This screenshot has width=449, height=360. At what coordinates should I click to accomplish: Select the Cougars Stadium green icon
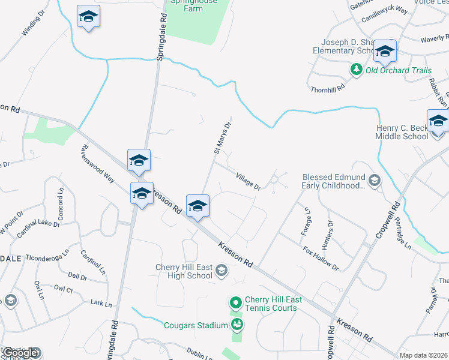click(238, 325)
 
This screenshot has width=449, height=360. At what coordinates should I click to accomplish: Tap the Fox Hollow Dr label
click(321, 259)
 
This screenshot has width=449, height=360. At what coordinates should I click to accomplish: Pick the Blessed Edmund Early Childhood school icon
click(375, 181)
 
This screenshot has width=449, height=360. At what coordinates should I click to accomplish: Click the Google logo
click(20, 353)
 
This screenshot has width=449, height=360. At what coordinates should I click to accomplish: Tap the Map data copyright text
click(423, 355)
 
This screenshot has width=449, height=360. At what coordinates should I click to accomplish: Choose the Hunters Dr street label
click(327, 235)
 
